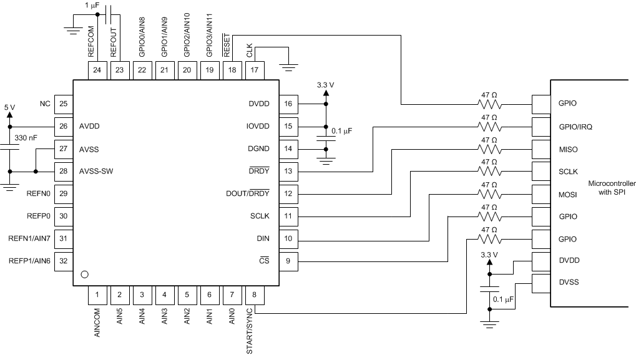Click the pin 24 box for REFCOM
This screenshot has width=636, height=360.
(97, 70)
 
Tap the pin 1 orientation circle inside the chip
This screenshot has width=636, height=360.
(86, 274)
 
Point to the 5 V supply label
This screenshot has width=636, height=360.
(9, 107)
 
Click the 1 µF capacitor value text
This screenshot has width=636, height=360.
(93, 4)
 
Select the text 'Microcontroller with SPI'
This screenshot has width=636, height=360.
(612, 188)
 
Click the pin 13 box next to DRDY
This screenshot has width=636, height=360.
(288, 171)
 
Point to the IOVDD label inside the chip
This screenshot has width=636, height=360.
(258, 126)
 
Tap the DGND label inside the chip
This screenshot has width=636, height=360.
(258, 148)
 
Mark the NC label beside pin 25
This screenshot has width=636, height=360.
(44, 104)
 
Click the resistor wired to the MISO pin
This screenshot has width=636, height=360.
(489, 149)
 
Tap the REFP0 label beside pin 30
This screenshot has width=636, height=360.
(36, 216)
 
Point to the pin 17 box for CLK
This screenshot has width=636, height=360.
(255, 70)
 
